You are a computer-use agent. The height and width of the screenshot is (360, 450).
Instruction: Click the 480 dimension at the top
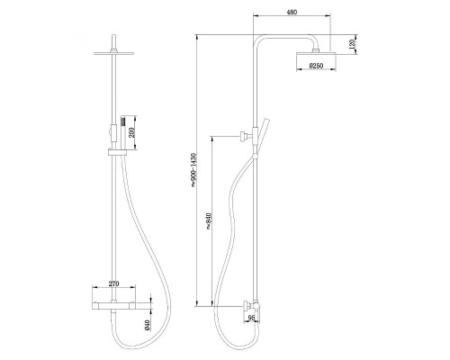click(x=292, y=13)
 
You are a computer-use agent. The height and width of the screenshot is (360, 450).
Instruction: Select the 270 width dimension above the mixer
click(x=114, y=284)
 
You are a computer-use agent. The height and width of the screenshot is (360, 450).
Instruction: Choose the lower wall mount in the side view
click(x=247, y=305)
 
